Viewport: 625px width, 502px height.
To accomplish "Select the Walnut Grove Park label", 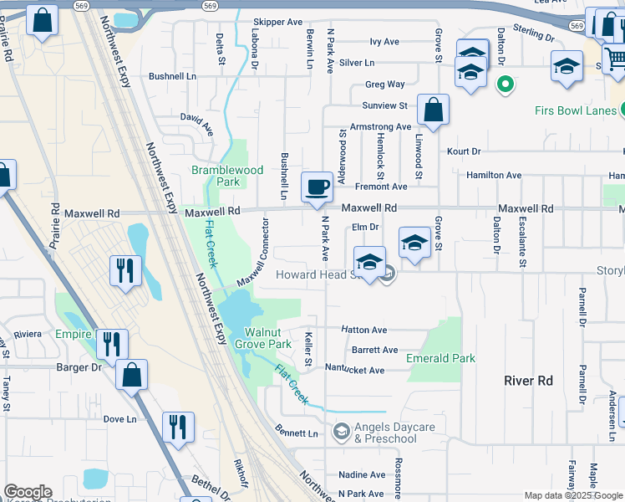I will [x=263, y=338].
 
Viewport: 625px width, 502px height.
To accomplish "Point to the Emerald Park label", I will [x=440, y=358].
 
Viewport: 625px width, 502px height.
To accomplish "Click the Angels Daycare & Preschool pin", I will [x=340, y=432].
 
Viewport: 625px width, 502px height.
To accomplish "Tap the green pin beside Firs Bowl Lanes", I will [x=504, y=84].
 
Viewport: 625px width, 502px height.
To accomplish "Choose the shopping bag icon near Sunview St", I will [x=434, y=110].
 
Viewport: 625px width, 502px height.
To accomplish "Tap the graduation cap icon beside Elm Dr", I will [x=414, y=242].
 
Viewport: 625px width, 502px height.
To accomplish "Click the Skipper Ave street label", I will [x=277, y=23].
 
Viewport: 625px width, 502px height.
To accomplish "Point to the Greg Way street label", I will [x=384, y=85].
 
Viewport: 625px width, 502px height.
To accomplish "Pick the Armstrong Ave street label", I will [x=380, y=127].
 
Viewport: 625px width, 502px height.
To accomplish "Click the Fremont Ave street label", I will [x=381, y=187].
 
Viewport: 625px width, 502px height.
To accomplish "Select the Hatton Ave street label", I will [x=363, y=330].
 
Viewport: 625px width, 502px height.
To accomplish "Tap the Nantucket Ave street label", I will [x=354, y=370].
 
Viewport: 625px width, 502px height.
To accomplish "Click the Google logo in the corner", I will [x=28, y=492].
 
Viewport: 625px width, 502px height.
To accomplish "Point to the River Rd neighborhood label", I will [x=528, y=381].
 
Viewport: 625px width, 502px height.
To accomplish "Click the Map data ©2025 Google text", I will [x=572, y=495].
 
